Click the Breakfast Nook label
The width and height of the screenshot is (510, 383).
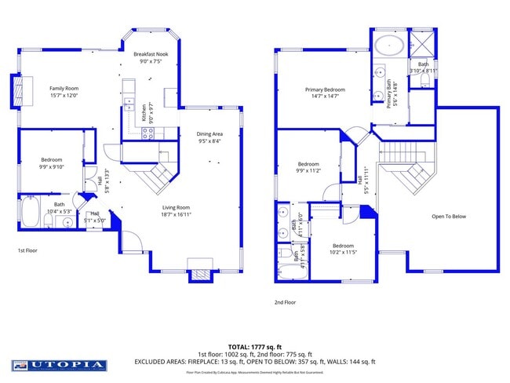pyautogui.click(x=150, y=54)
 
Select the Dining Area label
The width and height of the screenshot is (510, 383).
pyautogui.click(x=208, y=134)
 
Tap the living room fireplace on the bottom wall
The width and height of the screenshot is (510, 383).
pyautogui.click(x=199, y=274)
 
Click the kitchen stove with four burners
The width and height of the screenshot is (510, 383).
pyautogui.click(x=145, y=132)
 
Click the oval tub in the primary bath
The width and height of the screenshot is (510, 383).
pyautogui.click(x=388, y=45)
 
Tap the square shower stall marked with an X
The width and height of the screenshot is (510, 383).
pyautogui.click(x=421, y=44)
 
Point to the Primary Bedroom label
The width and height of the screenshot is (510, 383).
pyautogui.click(x=325, y=89)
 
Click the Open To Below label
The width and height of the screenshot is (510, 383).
pyautogui.click(x=449, y=217)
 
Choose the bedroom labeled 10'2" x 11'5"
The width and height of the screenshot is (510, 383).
pyautogui.click(x=343, y=249)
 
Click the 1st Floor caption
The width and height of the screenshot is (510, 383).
pyautogui.click(x=29, y=250)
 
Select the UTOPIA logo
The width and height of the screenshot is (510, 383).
pyautogui.click(x=59, y=365)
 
